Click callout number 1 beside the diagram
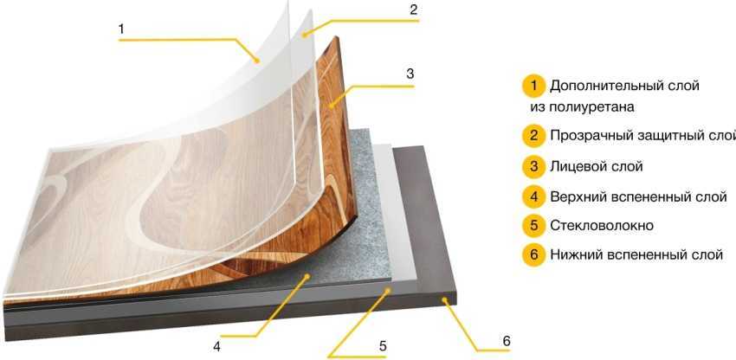(121, 29)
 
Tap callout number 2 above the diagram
(413, 10)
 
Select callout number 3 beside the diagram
(410, 74)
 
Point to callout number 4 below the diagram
(216, 347)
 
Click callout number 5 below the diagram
(383, 346)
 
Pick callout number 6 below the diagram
(506, 341)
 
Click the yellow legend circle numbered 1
(533, 87)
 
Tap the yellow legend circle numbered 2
(533, 136)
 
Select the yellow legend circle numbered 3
(533, 167)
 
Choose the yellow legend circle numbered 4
(533, 196)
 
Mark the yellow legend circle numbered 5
(533, 226)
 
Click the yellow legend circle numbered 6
(533, 255)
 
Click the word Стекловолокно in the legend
(602, 226)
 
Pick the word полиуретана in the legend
(595, 107)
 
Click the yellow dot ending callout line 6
(444, 298)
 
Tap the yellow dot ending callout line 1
(256, 60)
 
